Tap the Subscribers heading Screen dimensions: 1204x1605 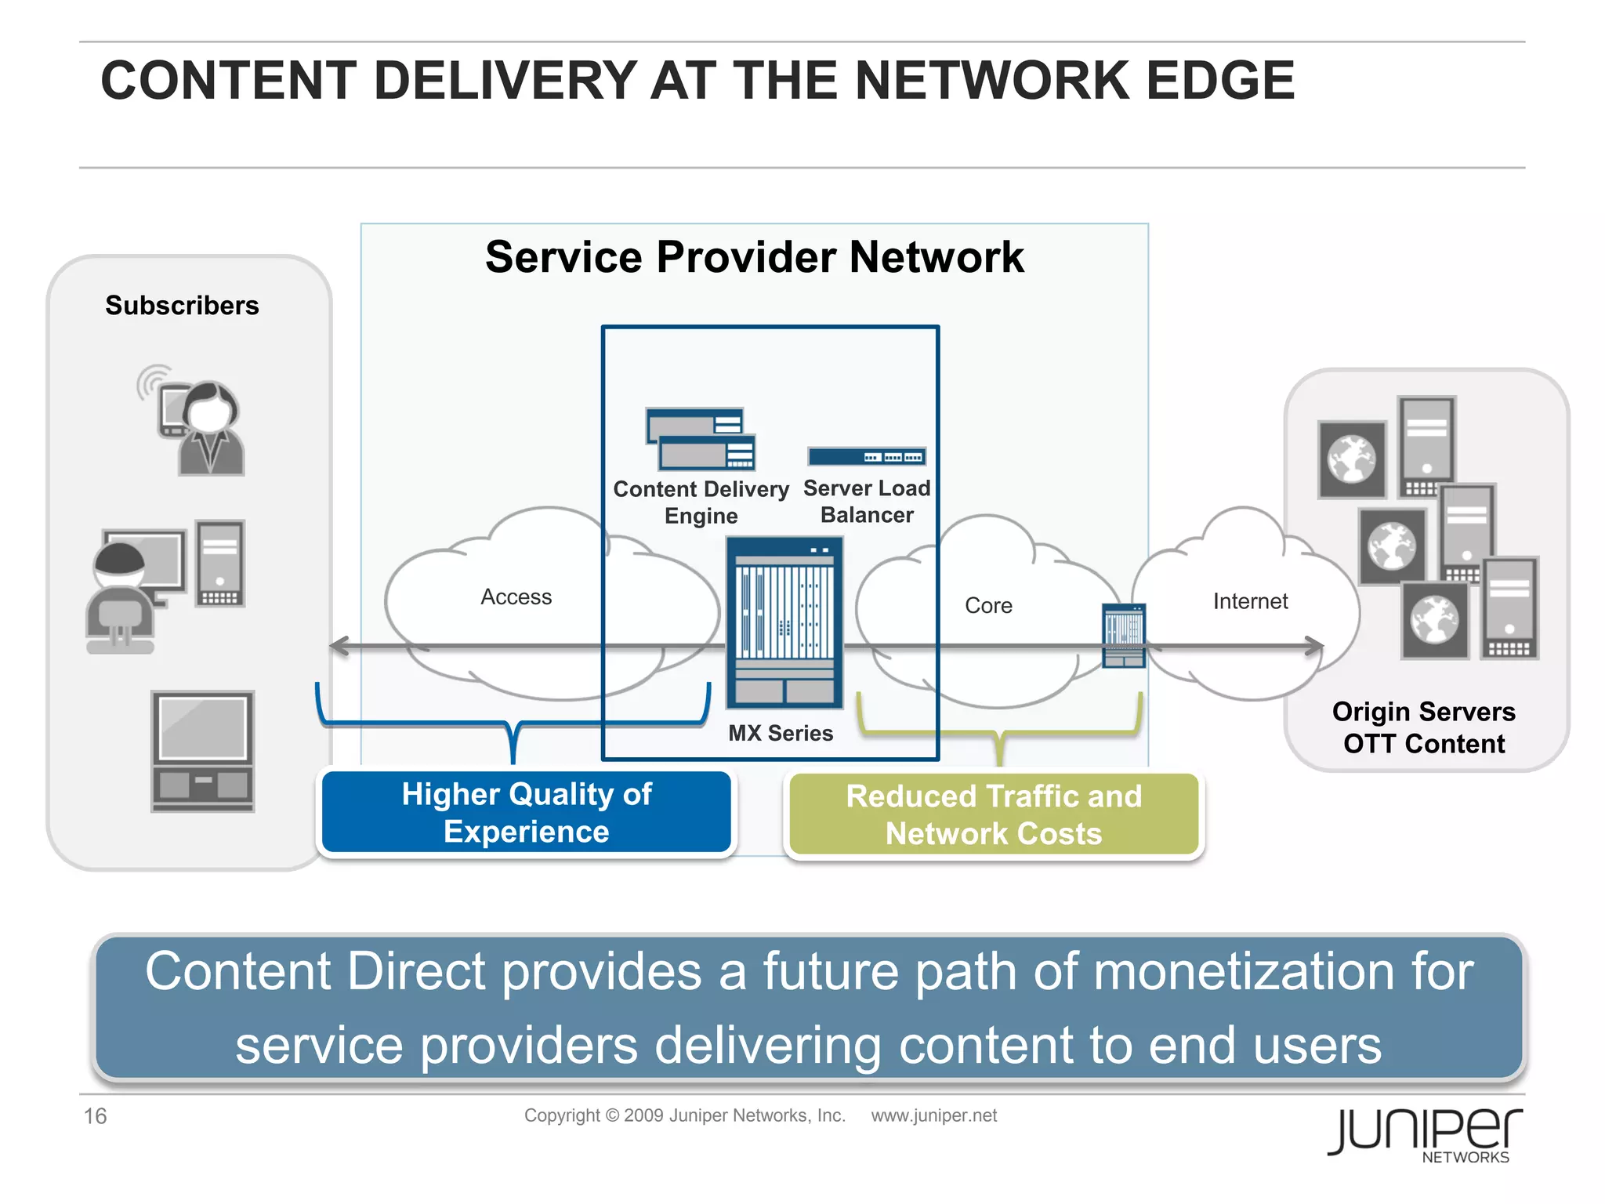tap(182, 305)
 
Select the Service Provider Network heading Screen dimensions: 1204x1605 tap(754, 257)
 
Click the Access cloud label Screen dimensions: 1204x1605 tap(516, 597)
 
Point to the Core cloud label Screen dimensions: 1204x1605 tap(988, 606)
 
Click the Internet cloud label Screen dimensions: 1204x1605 tap(1250, 601)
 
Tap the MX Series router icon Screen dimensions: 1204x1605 tap(784, 623)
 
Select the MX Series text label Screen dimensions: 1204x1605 tap(781, 734)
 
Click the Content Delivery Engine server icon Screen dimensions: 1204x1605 tap(701, 438)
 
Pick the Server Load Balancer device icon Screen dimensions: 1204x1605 tap(867, 456)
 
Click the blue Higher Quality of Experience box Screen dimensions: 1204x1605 tap(526, 813)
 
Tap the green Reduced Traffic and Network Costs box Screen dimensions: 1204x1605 tap(994, 815)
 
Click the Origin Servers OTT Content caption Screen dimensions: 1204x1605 tap(1424, 727)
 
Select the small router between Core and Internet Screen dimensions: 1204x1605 tap(1123, 636)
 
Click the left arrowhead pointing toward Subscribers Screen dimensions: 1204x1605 tap(339, 647)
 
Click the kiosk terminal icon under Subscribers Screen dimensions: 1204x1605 tap(202, 751)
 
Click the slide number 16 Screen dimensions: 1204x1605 tap(95, 1116)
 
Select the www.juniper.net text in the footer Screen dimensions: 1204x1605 tap(933, 1115)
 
